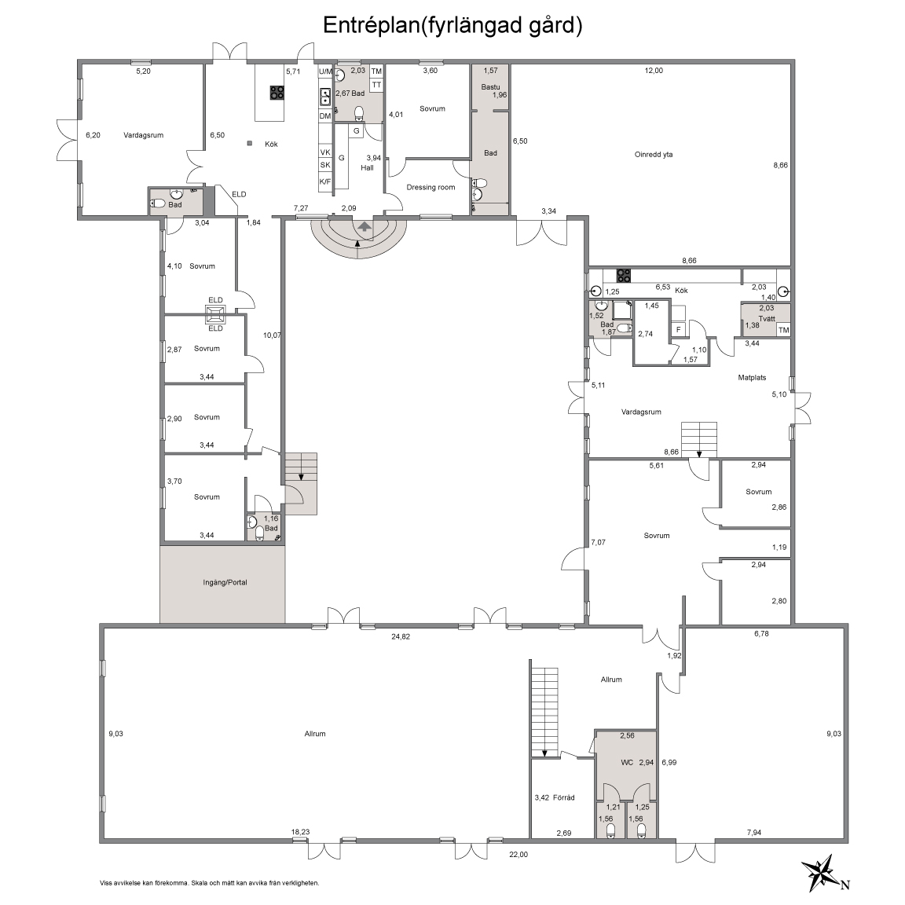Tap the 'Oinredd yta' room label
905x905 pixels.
(x=654, y=155)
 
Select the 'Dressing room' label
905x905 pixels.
(x=431, y=187)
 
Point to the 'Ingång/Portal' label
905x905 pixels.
(x=225, y=582)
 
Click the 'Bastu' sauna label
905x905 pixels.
(x=490, y=87)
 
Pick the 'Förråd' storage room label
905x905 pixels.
(x=564, y=797)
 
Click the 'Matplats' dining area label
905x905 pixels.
(x=752, y=377)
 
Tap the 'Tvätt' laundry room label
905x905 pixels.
(x=767, y=319)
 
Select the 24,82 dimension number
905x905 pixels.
(x=401, y=636)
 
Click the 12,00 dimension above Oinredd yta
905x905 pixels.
(x=654, y=71)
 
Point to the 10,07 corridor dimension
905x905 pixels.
(x=272, y=335)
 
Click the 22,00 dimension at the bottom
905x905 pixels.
(x=518, y=855)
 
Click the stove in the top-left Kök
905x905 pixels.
(x=277, y=93)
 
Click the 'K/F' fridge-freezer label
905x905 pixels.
(x=325, y=181)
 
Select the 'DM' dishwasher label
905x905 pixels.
(x=325, y=116)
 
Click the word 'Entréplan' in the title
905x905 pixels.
(x=370, y=26)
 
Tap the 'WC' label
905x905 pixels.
(x=628, y=763)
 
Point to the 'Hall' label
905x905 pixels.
(x=367, y=168)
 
